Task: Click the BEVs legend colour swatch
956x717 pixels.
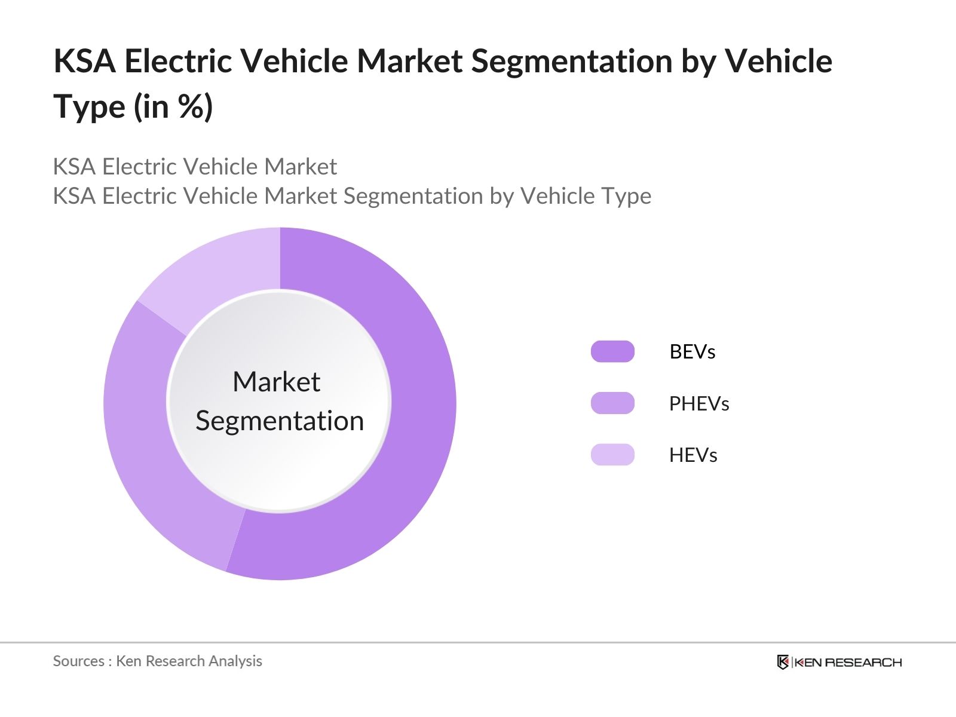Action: click(x=612, y=351)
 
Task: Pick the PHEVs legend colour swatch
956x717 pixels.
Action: click(x=612, y=403)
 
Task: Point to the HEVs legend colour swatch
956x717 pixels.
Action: click(x=612, y=455)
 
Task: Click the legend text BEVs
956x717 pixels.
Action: click(x=692, y=351)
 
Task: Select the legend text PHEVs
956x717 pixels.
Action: click(x=698, y=404)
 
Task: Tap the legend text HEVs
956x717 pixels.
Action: click(x=693, y=455)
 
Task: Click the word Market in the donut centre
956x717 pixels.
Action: click(x=276, y=382)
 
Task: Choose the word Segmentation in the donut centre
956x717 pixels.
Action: click(x=280, y=421)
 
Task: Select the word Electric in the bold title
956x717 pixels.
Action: click(x=177, y=62)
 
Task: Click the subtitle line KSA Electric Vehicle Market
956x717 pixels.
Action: click(x=195, y=167)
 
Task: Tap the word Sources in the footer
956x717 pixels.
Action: click(x=78, y=661)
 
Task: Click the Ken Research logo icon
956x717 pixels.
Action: click(x=783, y=662)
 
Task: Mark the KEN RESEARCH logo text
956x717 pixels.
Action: click(x=847, y=662)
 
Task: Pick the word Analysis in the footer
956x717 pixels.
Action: click(x=237, y=661)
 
